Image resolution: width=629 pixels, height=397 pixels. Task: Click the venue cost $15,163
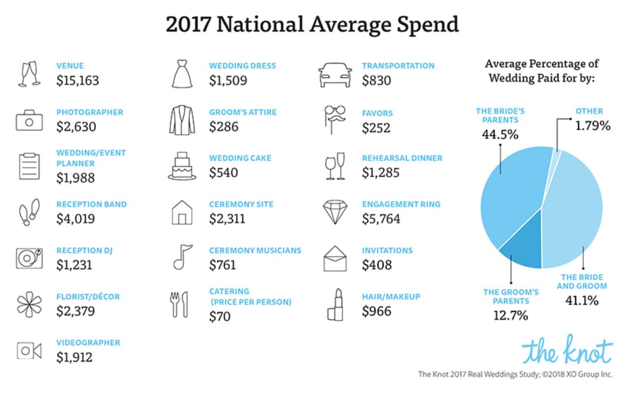[x=77, y=80]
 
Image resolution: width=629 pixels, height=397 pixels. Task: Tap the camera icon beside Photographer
[x=29, y=120]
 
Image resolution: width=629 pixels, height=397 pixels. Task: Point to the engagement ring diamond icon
[x=335, y=212]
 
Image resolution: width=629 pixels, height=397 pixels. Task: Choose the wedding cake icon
[x=182, y=166]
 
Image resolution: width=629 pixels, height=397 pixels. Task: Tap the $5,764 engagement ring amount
[x=381, y=219]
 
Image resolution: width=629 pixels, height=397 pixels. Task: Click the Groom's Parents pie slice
[x=523, y=249]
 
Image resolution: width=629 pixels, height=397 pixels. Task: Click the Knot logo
[x=567, y=350]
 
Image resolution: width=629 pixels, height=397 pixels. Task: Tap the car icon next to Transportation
[x=335, y=75]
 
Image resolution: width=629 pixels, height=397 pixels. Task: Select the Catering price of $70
[x=219, y=317]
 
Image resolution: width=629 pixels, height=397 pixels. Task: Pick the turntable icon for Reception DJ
[x=29, y=258]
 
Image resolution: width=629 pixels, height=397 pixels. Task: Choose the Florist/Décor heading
[x=88, y=297]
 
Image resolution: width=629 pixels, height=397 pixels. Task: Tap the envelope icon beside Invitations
[x=335, y=258]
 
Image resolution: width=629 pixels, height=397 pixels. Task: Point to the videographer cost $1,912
[x=74, y=357]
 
